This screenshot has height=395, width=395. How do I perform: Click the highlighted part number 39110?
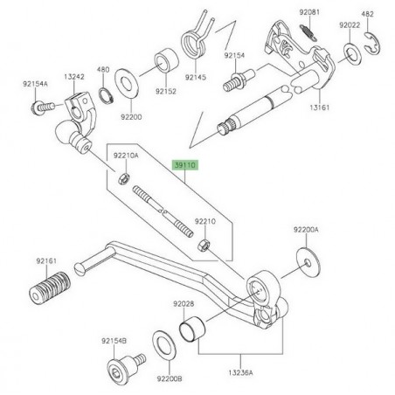[186, 163]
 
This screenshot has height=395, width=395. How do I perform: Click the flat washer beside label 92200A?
[307, 260]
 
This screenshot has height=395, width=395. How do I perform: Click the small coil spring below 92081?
[308, 32]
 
